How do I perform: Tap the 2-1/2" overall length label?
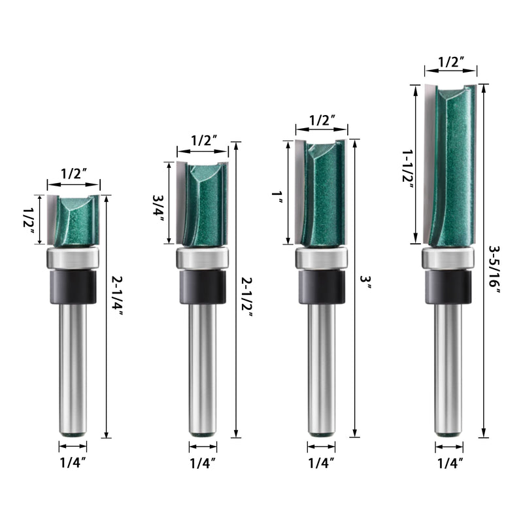click(x=248, y=296)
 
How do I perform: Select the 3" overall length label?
click(x=366, y=281)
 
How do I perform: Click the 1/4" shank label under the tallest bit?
click(x=449, y=462)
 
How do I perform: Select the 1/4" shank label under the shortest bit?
click(x=73, y=462)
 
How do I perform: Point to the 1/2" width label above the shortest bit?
click(x=73, y=174)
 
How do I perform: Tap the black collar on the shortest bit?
click(x=73, y=284)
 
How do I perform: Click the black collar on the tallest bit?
click(x=449, y=286)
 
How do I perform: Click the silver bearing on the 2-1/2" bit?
click(x=203, y=259)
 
